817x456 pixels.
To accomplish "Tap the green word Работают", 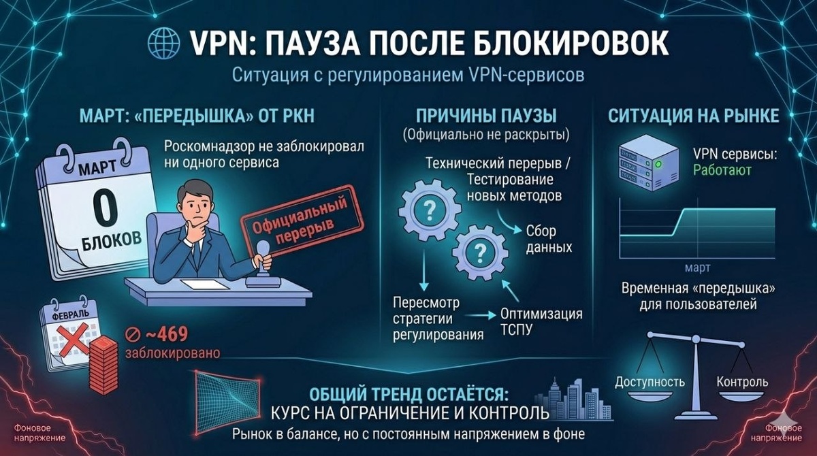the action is pos(722,169).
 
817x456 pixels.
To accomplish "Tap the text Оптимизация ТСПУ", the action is pos(541,322).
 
